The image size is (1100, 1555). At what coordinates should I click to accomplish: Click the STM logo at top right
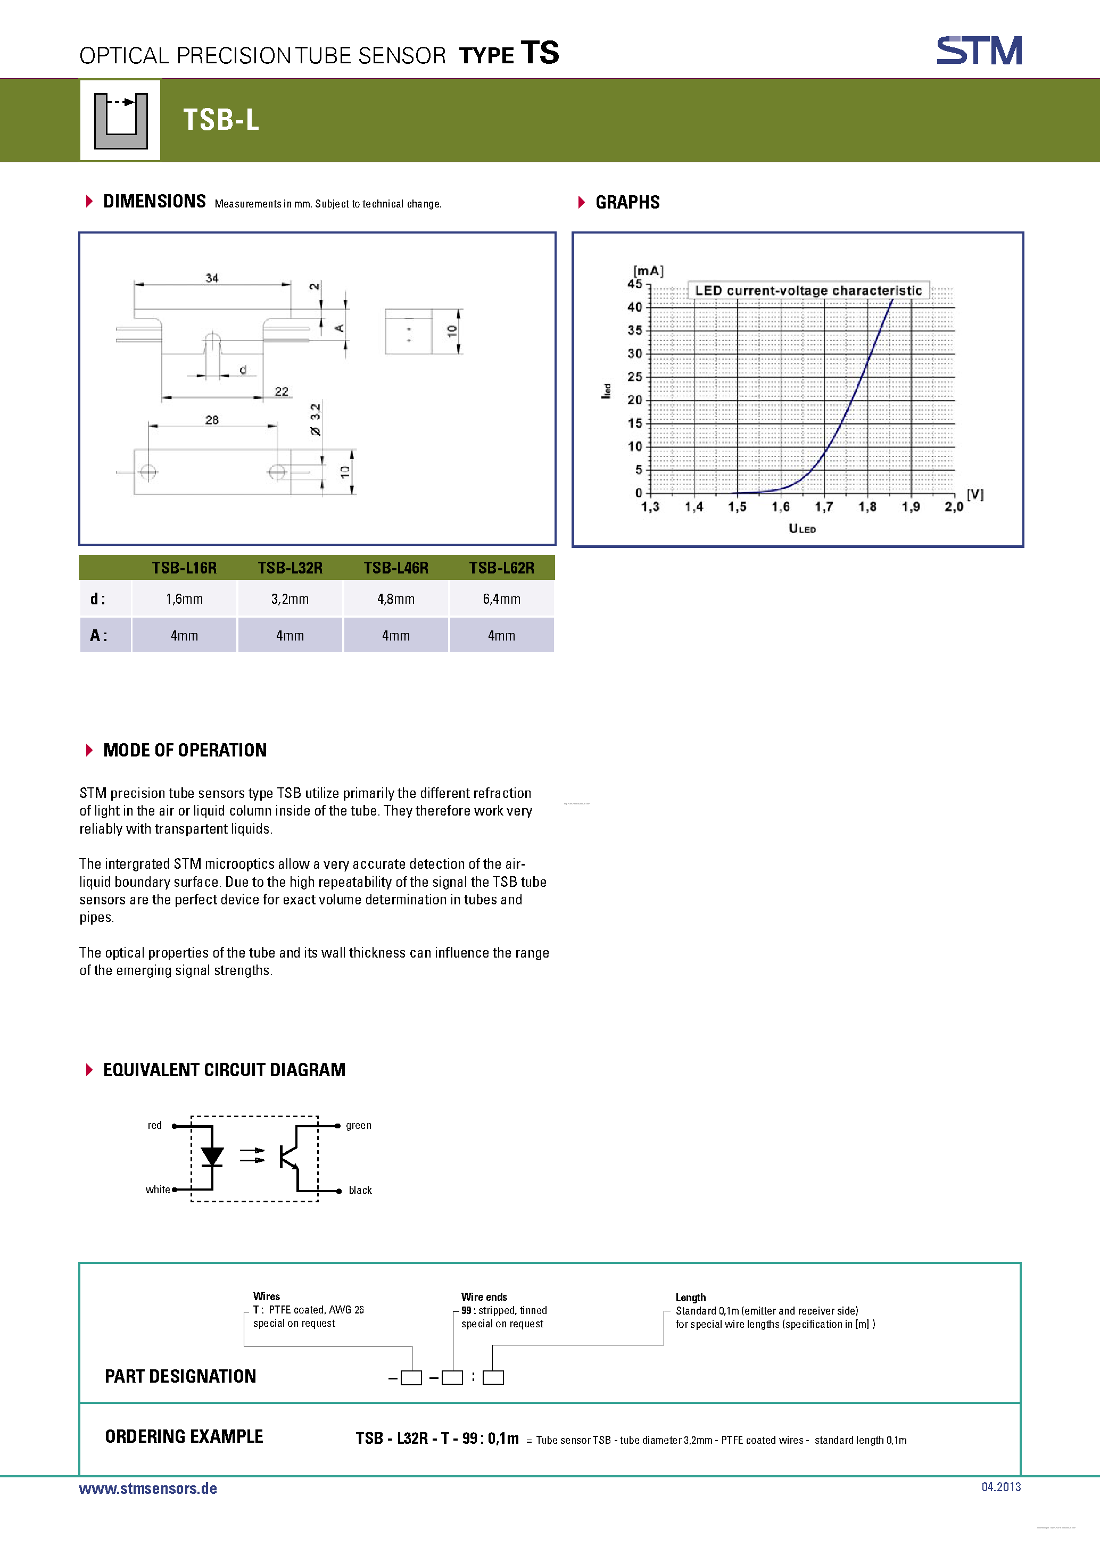pos(979,50)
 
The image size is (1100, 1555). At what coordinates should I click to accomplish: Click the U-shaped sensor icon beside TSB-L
pos(121,121)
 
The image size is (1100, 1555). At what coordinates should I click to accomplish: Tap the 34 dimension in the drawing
pos(212,278)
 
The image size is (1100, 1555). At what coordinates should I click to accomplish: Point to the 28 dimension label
pos(212,420)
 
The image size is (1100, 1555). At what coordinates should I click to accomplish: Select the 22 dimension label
pos(281,392)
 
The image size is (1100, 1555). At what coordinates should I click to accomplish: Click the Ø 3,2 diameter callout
pos(316,419)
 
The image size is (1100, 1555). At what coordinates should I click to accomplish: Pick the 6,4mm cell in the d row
pos(501,598)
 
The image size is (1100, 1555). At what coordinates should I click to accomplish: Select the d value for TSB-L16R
pos(184,598)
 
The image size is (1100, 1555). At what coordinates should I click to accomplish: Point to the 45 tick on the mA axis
pos(635,284)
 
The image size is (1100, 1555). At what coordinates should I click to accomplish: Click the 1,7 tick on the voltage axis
pos(824,506)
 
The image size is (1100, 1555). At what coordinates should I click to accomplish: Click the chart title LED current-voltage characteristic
pos(808,290)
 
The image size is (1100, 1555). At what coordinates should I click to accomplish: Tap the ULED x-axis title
pos(802,528)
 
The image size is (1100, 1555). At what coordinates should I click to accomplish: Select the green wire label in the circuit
pos(358,1126)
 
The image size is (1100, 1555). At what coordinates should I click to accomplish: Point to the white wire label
pos(158,1190)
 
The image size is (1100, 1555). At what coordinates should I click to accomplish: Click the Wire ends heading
pos(484,1297)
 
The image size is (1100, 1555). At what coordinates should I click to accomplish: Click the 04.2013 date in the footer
pos(1000,1486)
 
